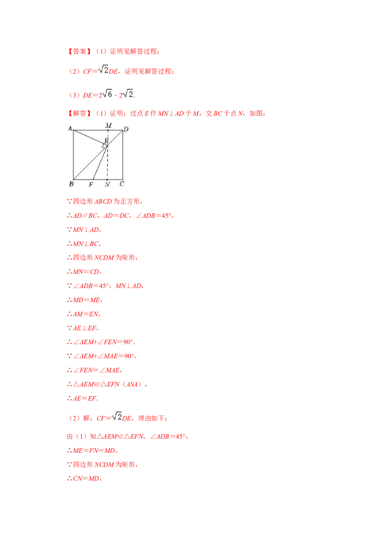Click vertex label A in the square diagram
pos(70,128)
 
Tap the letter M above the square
pos(108,125)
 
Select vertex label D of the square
pos(126,129)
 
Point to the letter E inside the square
pos(106,141)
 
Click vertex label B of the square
pos(71,184)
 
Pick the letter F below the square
pos(91,184)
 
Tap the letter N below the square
pos(107,184)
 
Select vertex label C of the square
pos(122,184)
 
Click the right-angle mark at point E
pos(104,147)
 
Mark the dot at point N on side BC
pos(107,180)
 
